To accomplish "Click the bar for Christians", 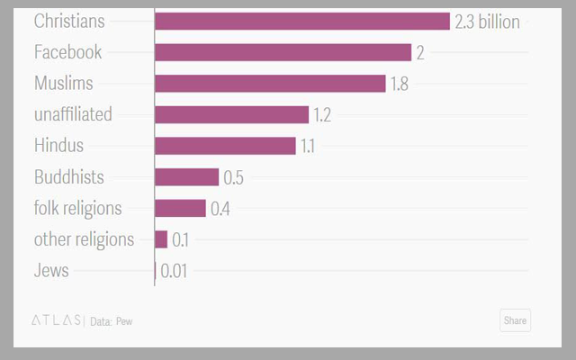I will (x=301, y=22).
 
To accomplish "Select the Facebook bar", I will (x=283, y=52).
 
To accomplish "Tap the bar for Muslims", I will (x=270, y=84).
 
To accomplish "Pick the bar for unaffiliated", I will (x=231, y=114).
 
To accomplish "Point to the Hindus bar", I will (x=225, y=146).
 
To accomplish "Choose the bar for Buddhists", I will (x=186, y=177).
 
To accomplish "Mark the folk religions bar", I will (x=180, y=208).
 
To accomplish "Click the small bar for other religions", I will (x=161, y=239).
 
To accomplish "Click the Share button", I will (x=515, y=320).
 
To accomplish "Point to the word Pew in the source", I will (x=123, y=321).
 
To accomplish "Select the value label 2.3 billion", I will (x=487, y=22).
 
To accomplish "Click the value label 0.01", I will (x=174, y=270).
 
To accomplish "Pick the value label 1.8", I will (x=400, y=84).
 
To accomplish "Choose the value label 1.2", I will (x=323, y=114).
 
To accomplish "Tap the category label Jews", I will (x=51, y=270).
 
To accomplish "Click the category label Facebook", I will (x=67, y=52).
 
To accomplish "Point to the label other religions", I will (x=84, y=239).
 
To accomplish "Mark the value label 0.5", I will (x=234, y=177).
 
